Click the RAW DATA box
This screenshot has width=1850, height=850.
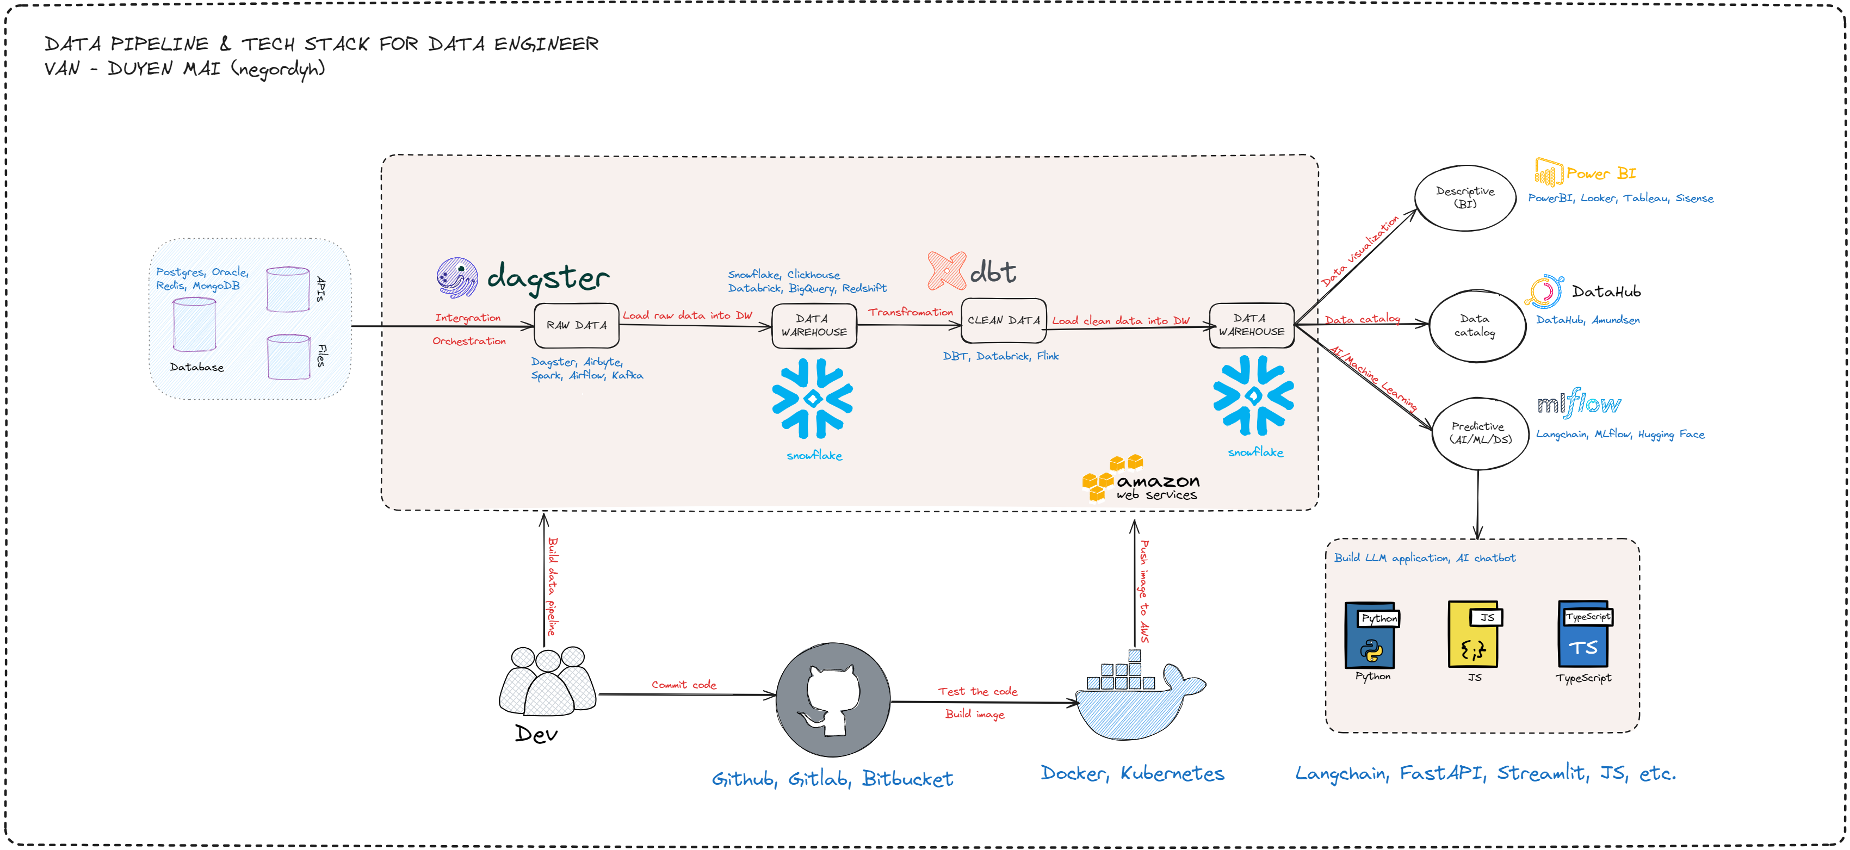pyautogui.click(x=576, y=325)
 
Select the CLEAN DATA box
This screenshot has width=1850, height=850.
pyautogui.click(x=1003, y=320)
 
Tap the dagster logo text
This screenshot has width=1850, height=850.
pyautogui.click(x=547, y=278)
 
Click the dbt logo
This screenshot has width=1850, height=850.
pyautogui.click(x=972, y=271)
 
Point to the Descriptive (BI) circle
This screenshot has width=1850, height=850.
pyautogui.click(x=1465, y=197)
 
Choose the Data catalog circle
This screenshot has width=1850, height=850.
pyautogui.click(x=1476, y=325)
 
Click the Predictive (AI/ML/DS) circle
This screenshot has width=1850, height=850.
pyautogui.click(x=1480, y=433)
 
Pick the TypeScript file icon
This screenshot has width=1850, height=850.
pyautogui.click(x=1585, y=635)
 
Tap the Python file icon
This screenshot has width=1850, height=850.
pyautogui.click(x=1371, y=635)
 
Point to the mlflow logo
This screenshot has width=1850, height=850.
pyautogui.click(x=1579, y=404)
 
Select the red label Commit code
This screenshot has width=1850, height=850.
pyautogui.click(x=684, y=685)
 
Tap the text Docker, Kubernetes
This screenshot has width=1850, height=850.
pyautogui.click(x=1132, y=773)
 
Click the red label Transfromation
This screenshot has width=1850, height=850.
pyautogui.click(x=910, y=312)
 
